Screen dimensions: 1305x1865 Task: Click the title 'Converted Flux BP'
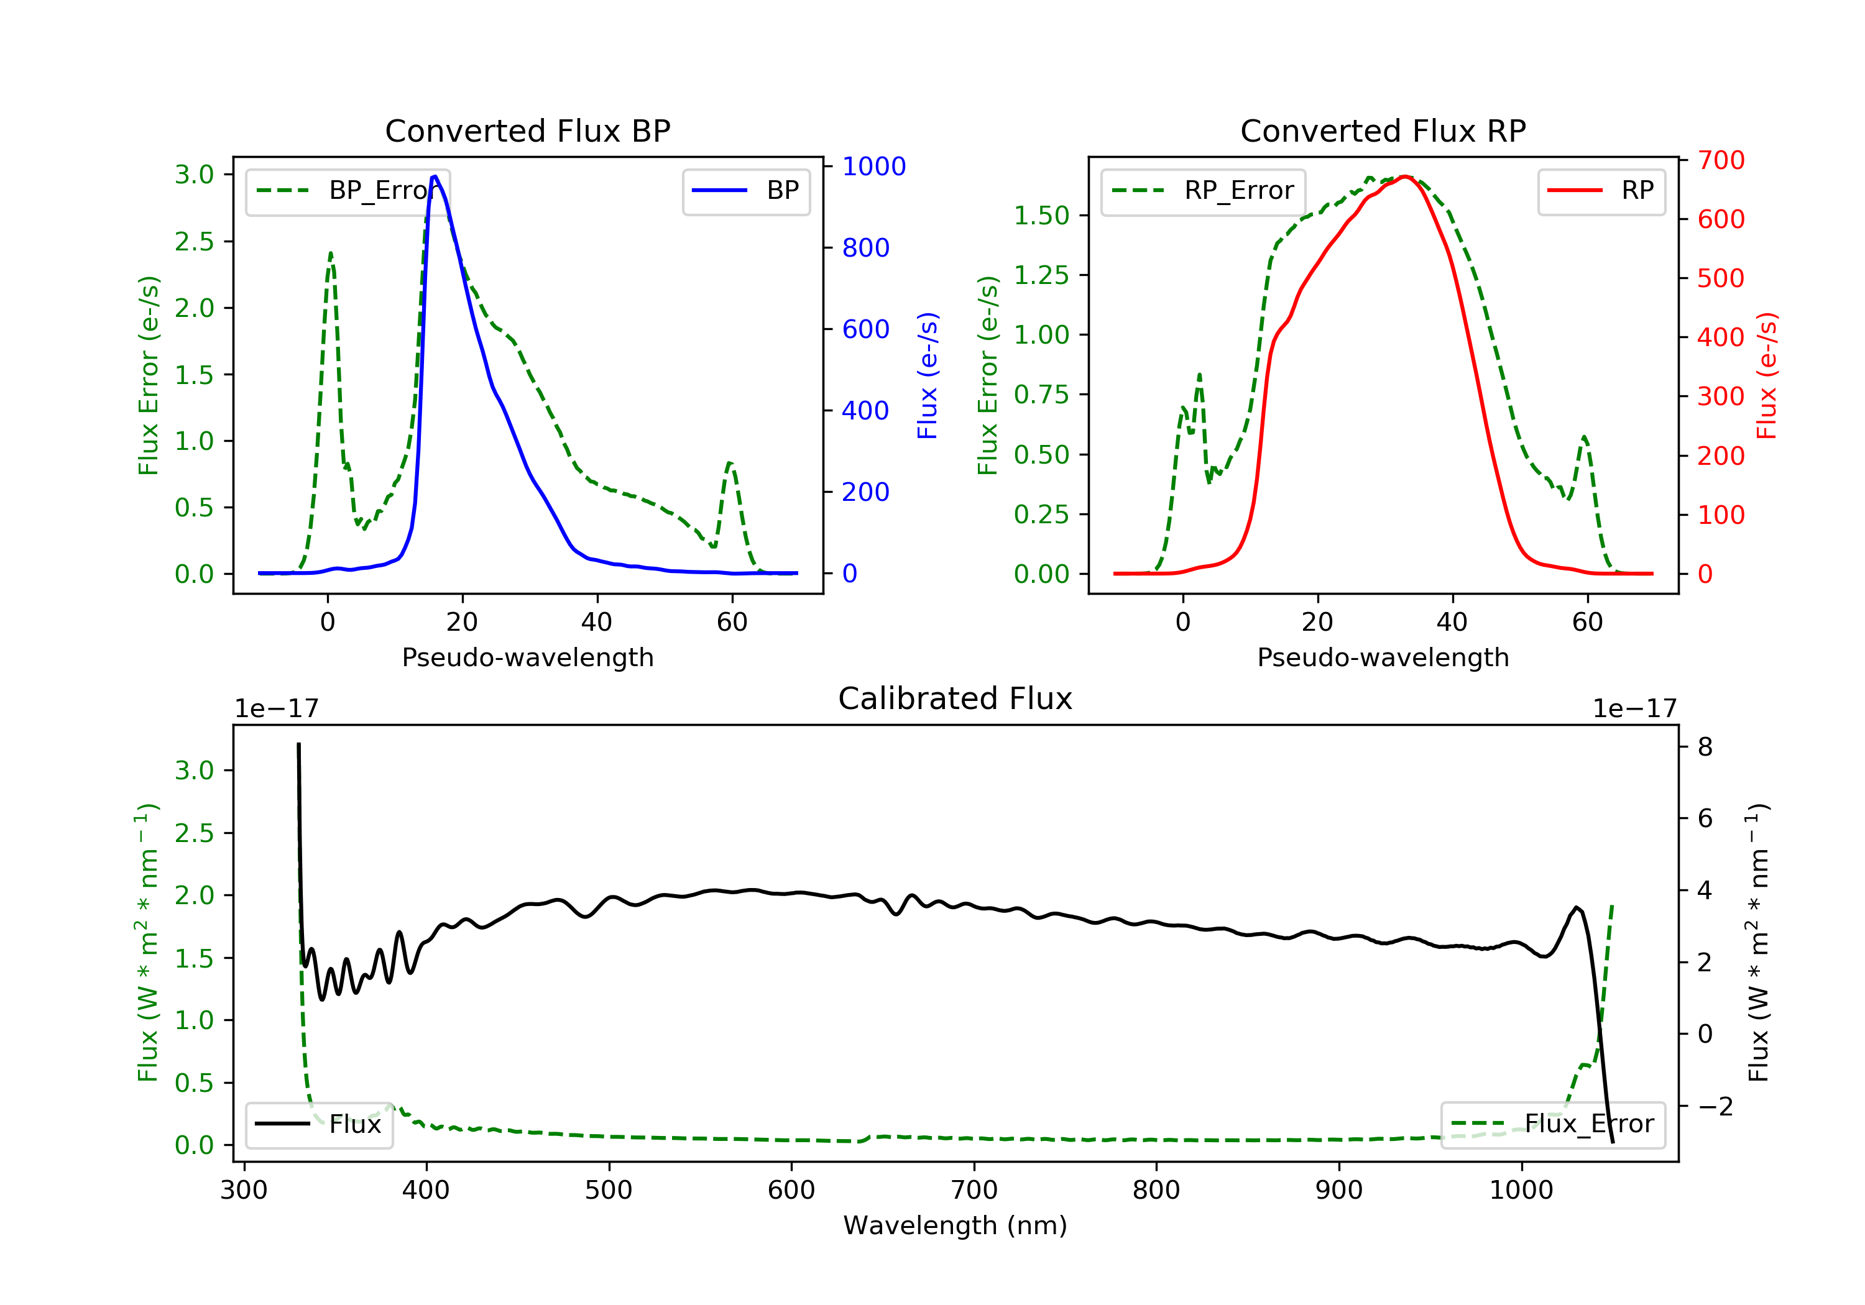(x=527, y=130)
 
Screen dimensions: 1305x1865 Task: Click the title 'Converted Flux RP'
(x=1383, y=130)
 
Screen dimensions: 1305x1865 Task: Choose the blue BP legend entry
(x=745, y=191)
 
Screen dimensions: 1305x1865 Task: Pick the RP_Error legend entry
(x=1203, y=191)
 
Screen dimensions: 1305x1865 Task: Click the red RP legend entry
(x=1601, y=191)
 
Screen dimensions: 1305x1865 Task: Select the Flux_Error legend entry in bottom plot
(x=1552, y=1124)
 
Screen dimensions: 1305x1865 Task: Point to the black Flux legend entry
(x=318, y=1124)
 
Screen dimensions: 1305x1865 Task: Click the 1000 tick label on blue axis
(x=873, y=167)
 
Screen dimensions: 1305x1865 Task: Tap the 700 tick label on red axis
(x=1720, y=160)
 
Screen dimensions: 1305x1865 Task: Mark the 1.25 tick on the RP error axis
(x=1041, y=275)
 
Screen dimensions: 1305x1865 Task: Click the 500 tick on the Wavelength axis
(x=609, y=1191)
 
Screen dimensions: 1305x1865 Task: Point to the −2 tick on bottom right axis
(x=1713, y=1106)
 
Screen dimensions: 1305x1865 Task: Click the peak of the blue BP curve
(x=435, y=176)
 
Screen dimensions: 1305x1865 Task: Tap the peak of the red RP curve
(x=1405, y=177)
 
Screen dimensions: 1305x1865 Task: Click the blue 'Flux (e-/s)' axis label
(x=927, y=375)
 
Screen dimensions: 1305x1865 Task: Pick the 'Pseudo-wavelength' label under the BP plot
(x=527, y=657)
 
